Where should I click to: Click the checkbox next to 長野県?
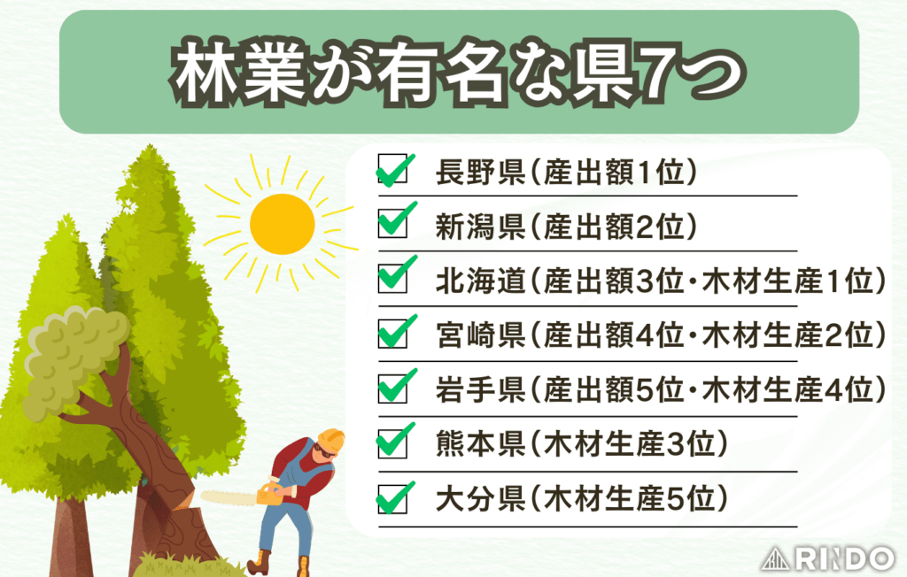point(391,170)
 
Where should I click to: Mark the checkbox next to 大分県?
point(391,497)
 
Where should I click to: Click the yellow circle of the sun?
point(282,222)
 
